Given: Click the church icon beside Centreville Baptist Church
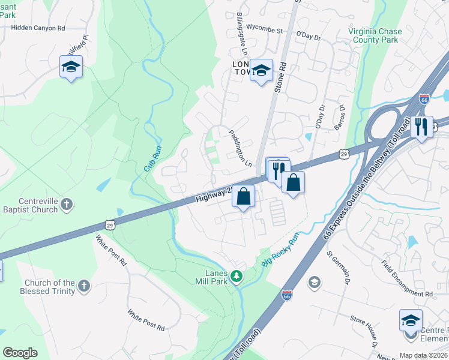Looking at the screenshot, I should pyautogui.click(x=66, y=205).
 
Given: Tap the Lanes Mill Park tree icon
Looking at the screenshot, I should pyautogui.click(x=237, y=276).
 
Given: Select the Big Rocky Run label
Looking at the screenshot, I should pyautogui.click(x=280, y=250).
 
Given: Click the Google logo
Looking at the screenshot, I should pyautogui.click(x=20, y=353).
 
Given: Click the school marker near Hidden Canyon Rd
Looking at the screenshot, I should pyautogui.click(x=71, y=68).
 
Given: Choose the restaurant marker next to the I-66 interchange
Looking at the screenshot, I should pyautogui.click(x=421, y=127).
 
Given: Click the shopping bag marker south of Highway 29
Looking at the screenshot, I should pyautogui.click(x=244, y=197).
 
